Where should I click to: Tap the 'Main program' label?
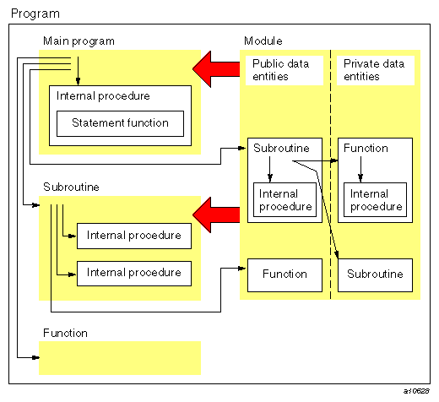[79, 41]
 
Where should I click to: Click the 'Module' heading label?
[263, 41]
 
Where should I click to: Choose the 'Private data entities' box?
[373, 70]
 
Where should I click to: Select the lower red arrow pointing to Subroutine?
[216, 211]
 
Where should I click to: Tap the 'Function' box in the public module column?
[284, 274]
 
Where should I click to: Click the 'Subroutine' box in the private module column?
[375, 274]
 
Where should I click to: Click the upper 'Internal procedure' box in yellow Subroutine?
[134, 236]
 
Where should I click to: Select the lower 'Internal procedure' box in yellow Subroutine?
[134, 273]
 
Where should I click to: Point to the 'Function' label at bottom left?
[64, 334]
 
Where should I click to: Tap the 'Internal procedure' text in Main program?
[103, 96]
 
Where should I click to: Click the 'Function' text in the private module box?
[366, 149]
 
